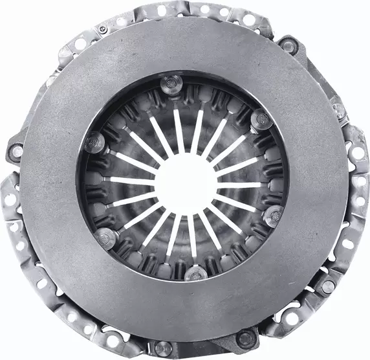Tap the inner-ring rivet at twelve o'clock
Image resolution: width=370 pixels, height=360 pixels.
[x=173, y=82]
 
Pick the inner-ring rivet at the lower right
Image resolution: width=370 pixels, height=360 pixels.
[x=274, y=214]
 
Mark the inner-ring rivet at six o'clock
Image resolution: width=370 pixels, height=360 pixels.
[x=195, y=273]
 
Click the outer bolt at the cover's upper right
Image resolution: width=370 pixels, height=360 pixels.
[x=288, y=45]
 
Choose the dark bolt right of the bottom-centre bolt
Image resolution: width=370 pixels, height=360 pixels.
[x=245, y=338]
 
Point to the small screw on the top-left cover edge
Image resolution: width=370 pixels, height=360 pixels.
[x=102, y=29]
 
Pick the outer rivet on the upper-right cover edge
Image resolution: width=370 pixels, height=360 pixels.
[x=337, y=109]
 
